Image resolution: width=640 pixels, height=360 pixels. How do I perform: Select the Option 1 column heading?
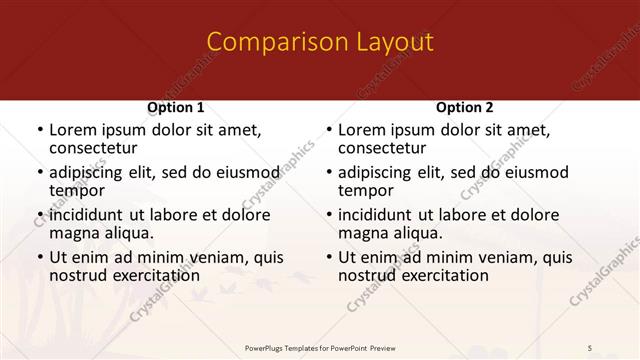pos(176,107)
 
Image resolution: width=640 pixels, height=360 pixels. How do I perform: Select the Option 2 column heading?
pos(465,107)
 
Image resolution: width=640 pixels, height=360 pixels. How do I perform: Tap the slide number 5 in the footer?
pos(590,347)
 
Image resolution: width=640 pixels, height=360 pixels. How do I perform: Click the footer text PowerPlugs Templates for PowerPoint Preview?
pos(320,347)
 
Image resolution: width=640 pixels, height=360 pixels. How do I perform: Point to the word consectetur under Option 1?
pos(96,149)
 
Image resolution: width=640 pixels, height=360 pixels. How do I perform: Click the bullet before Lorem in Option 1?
pos(39,130)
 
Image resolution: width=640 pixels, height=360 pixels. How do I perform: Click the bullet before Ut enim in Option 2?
pos(328,257)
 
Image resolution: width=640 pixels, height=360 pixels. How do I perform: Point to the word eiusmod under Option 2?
pos(535,172)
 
